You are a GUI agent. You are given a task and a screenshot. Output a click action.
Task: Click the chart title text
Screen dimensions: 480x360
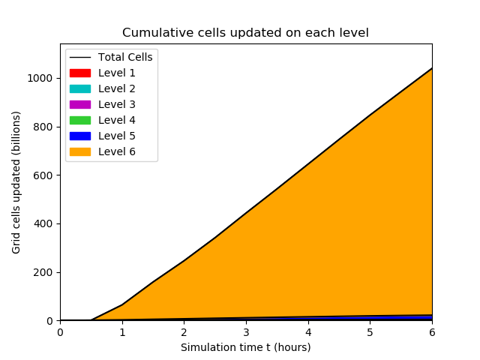pyautogui.click(x=245, y=33)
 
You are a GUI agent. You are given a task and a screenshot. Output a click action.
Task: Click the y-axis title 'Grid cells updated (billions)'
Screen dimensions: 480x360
pyautogui.click(x=16, y=182)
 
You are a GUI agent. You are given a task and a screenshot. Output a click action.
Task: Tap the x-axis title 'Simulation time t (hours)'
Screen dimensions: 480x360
pyautogui.click(x=245, y=347)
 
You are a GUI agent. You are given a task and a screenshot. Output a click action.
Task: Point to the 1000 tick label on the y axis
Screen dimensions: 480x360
pyautogui.click(x=40, y=78)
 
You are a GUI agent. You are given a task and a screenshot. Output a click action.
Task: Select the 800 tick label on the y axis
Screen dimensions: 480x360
pyautogui.click(x=43, y=127)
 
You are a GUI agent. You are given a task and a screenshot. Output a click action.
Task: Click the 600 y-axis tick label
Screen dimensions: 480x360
pyautogui.click(x=43, y=175)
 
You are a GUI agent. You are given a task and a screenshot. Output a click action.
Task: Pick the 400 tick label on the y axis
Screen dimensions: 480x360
pyautogui.click(x=43, y=223)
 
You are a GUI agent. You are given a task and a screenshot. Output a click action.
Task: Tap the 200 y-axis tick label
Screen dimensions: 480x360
pyautogui.click(x=43, y=272)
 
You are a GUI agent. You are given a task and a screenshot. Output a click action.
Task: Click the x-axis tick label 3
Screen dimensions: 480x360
pyautogui.click(x=246, y=332)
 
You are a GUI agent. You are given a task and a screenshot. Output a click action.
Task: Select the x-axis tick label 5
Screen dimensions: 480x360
pyautogui.click(x=370, y=332)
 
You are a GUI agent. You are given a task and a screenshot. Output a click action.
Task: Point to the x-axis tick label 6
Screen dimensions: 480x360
pyautogui.click(x=432, y=332)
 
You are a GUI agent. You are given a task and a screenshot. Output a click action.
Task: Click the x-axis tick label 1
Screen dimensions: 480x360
pyautogui.click(x=122, y=332)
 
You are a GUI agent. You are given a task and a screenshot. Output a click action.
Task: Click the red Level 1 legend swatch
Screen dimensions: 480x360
pyautogui.click(x=80, y=73)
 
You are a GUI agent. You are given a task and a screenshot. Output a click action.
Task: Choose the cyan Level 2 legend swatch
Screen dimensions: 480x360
pyautogui.click(x=80, y=88)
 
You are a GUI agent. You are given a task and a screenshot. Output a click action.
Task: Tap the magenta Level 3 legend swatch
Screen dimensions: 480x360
pyautogui.click(x=80, y=105)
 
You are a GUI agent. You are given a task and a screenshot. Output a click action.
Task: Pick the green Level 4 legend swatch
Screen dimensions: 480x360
pyautogui.click(x=80, y=120)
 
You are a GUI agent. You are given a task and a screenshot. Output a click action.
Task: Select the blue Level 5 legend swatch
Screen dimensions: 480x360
pyautogui.click(x=80, y=136)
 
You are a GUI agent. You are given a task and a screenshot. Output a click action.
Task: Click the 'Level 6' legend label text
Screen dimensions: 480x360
pyautogui.click(x=117, y=151)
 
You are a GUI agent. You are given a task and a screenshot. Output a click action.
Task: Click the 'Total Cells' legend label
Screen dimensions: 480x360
pyautogui.click(x=125, y=57)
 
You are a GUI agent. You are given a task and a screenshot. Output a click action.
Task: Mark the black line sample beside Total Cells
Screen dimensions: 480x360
pyautogui.click(x=80, y=57)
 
